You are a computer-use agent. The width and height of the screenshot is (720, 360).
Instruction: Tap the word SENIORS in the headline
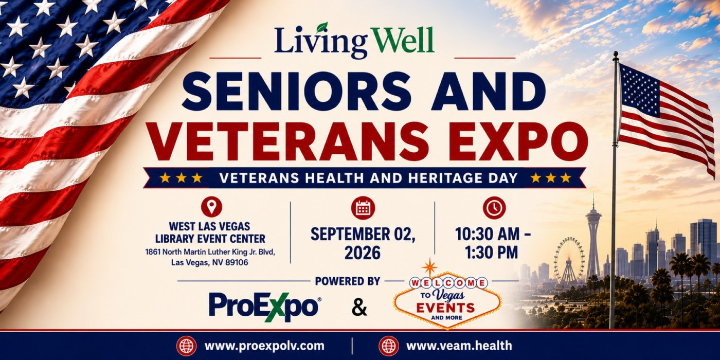coord(296,91)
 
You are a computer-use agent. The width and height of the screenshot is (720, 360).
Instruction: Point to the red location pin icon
coord(211,207)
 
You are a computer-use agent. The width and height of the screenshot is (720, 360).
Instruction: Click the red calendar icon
coord(363,208)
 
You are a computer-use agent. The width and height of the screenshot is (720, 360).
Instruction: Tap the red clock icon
coord(494,208)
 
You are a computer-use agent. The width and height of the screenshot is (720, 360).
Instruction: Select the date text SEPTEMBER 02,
coord(363,235)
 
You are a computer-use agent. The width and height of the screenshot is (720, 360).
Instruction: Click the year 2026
coord(363,253)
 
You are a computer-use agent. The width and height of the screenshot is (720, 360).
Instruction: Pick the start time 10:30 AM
coord(488,234)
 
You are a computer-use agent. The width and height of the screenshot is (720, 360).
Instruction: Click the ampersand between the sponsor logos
coord(359,308)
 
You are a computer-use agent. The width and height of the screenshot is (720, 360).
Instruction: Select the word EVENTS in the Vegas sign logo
coord(445,308)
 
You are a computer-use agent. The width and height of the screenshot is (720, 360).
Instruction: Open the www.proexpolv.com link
coord(264,346)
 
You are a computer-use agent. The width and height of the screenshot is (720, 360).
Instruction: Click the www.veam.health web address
coord(459,346)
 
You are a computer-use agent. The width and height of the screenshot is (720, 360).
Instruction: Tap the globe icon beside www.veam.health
coord(389,346)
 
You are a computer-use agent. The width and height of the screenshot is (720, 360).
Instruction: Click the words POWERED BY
coord(348,281)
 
